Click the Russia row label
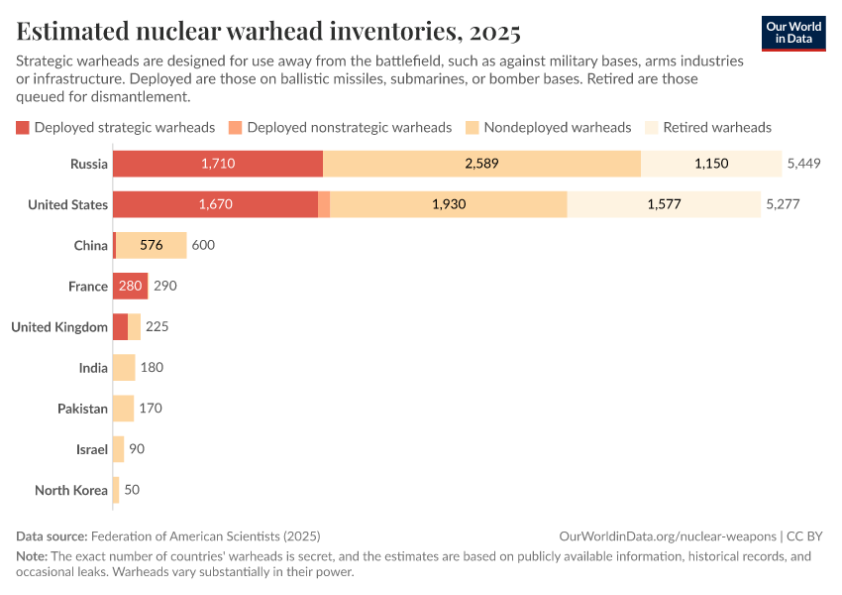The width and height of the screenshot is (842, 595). click(89, 164)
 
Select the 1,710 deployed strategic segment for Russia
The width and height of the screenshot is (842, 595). click(217, 164)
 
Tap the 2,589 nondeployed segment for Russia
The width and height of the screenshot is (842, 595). click(481, 164)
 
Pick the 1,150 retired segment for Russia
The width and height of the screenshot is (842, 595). click(711, 164)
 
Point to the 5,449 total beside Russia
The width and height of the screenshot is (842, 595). click(804, 164)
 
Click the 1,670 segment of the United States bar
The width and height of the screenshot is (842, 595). click(215, 204)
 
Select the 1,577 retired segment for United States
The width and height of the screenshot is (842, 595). click(664, 204)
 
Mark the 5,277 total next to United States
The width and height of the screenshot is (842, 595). click(783, 204)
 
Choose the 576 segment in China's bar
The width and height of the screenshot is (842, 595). click(152, 245)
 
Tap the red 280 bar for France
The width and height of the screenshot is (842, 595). click(130, 287)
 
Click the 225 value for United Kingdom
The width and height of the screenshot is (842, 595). click(158, 327)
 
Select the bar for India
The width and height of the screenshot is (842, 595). click(124, 368)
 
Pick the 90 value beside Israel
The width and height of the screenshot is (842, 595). click(137, 449)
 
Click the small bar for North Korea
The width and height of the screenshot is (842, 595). click(116, 490)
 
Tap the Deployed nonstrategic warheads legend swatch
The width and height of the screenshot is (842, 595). click(235, 128)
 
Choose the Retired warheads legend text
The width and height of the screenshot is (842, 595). click(717, 128)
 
